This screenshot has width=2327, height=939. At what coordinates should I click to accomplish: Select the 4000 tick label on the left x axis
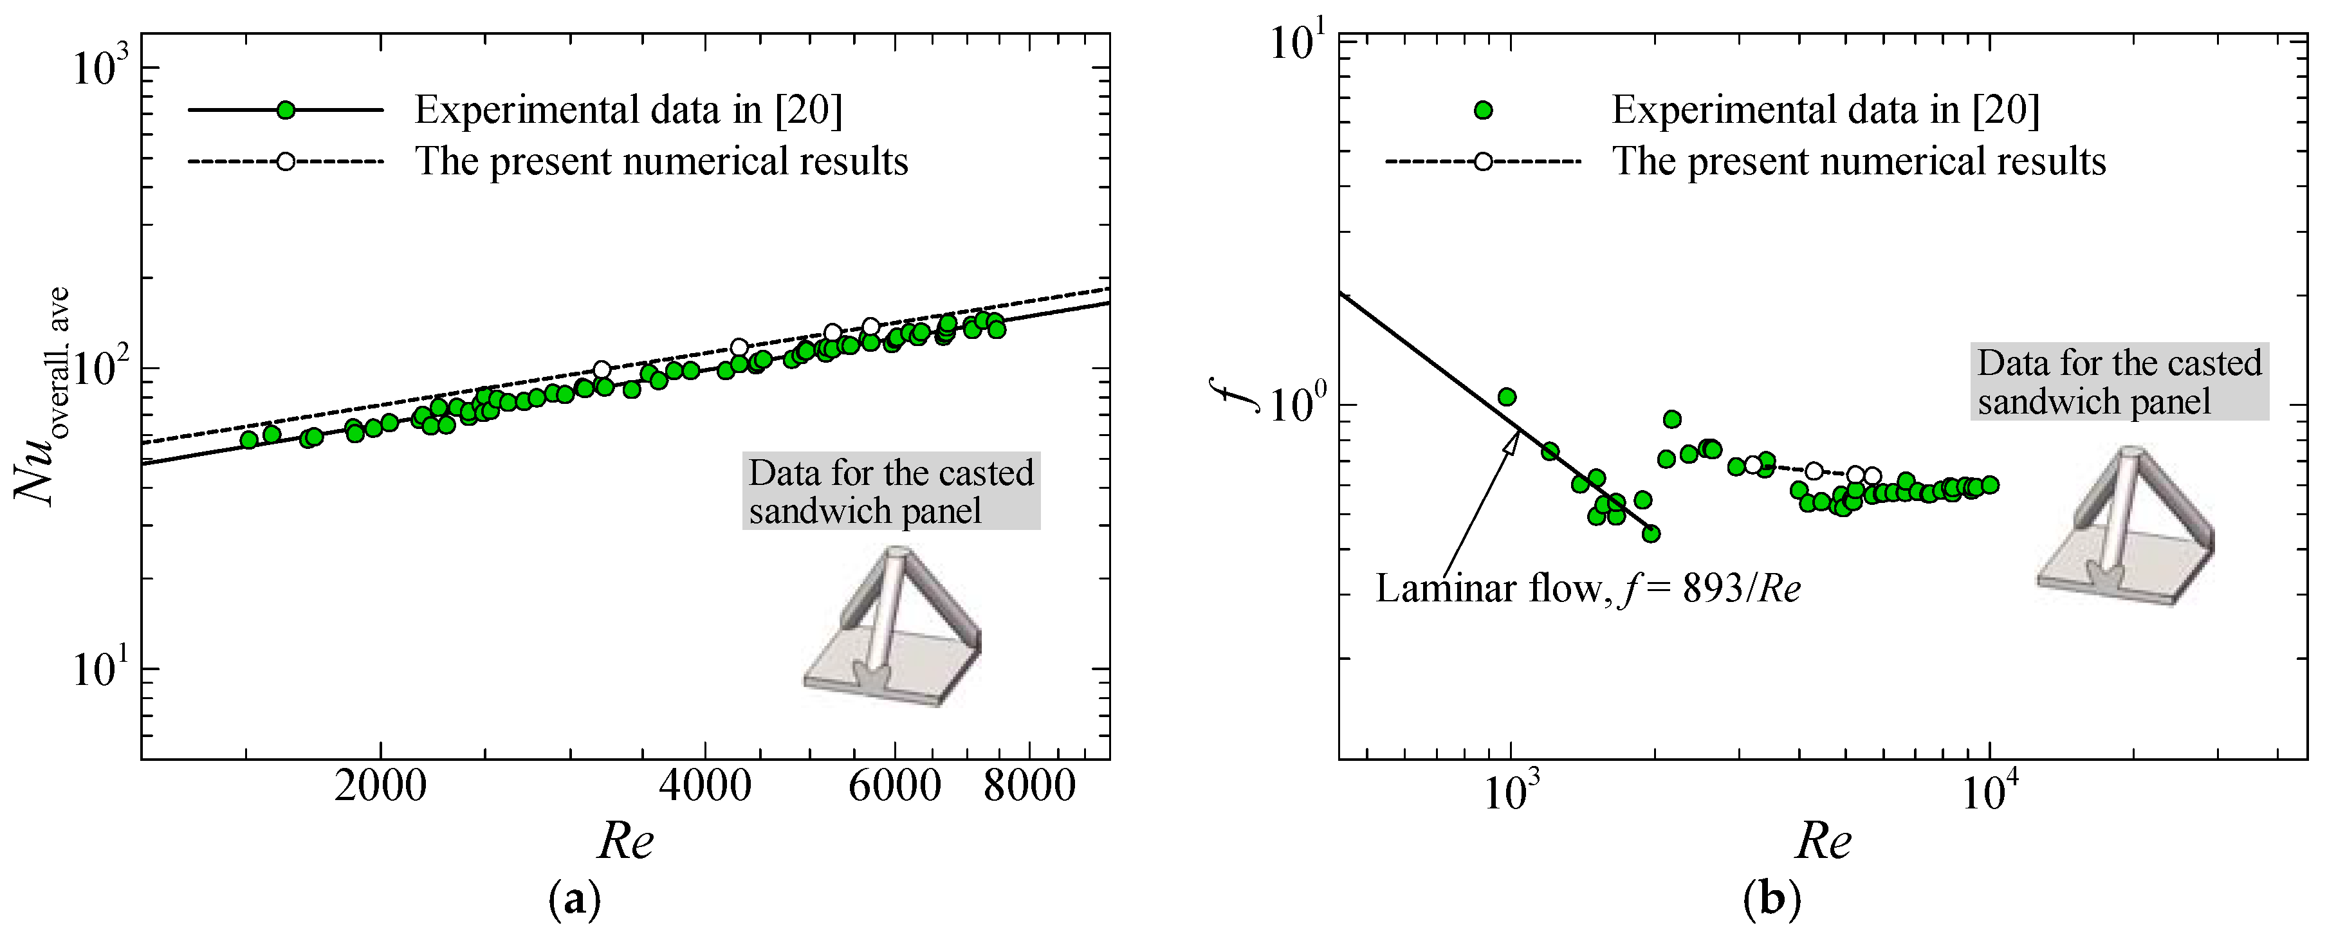point(704,787)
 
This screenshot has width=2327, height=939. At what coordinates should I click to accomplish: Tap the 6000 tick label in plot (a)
point(894,787)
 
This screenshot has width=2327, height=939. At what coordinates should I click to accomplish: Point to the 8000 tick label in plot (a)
point(1029,787)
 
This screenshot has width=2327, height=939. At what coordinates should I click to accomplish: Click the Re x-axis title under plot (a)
point(625,841)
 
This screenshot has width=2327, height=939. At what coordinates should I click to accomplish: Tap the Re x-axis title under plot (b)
point(1823,841)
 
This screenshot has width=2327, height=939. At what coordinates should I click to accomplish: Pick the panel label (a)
point(575,900)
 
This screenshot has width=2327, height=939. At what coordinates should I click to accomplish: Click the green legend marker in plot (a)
point(286,110)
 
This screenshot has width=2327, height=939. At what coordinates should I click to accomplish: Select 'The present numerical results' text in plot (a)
point(661,161)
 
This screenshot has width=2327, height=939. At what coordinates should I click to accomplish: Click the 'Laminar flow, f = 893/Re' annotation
point(1588,588)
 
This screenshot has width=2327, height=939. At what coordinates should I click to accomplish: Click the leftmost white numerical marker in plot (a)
point(602,369)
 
